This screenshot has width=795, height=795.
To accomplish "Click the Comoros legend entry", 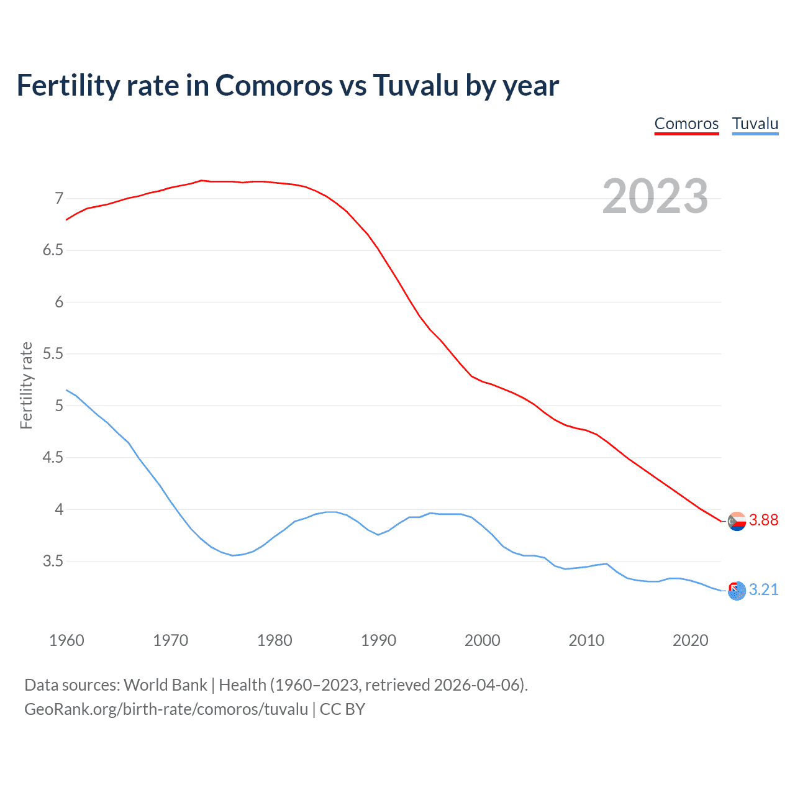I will tap(686, 124).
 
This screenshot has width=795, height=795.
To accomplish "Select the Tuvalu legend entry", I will tap(755, 124).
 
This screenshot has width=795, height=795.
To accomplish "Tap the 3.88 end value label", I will tap(763, 520).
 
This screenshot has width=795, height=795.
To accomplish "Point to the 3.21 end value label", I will tap(763, 590).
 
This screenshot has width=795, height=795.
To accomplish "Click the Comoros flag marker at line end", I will tap(737, 521).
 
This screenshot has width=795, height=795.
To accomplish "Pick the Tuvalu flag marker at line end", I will tap(737, 591).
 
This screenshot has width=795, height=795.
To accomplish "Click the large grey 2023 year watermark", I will tap(655, 196).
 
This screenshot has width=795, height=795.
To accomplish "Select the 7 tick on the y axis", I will tap(59, 199).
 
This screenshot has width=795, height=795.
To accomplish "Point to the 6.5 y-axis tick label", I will tap(53, 250).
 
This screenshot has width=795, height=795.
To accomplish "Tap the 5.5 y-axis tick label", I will tap(53, 354).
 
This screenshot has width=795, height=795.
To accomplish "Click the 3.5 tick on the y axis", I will tap(53, 561).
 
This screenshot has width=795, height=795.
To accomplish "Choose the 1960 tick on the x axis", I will tap(66, 640).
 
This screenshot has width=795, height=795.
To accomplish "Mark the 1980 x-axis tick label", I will tap(275, 640).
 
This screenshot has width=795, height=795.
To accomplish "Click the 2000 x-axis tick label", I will tap(482, 640).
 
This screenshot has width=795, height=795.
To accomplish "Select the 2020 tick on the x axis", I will tap(690, 640).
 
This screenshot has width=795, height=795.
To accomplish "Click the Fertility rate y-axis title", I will tap(26, 385).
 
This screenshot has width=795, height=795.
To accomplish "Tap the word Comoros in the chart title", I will tap(274, 86).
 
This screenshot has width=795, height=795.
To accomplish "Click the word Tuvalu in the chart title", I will tap(415, 86).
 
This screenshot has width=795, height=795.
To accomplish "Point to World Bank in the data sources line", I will tap(165, 685).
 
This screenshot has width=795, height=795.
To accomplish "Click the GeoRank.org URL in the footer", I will tap(166, 709).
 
